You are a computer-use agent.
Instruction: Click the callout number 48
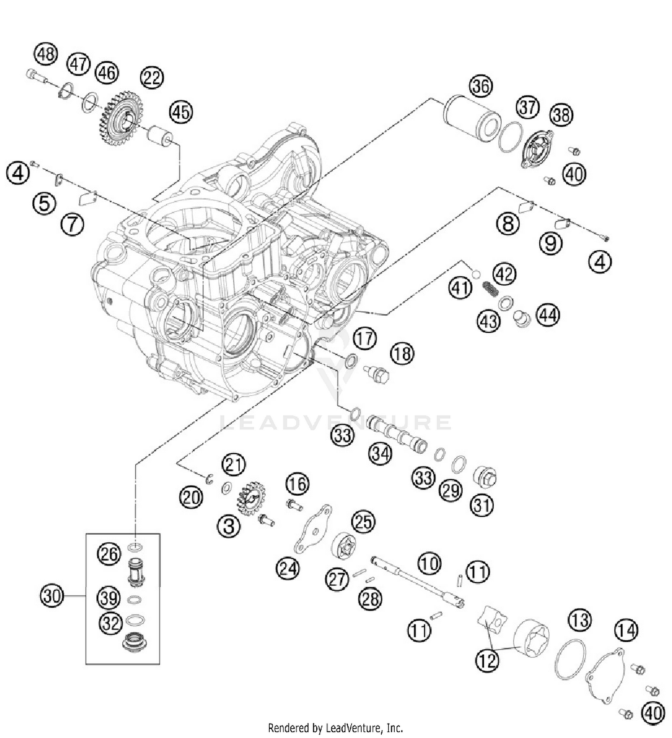tap(46, 54)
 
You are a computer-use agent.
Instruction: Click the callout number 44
tap(548, 315)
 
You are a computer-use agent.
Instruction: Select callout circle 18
tap(402, 354)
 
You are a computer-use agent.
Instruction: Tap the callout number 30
tap(52, 596)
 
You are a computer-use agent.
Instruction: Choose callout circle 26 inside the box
tap(109, 554)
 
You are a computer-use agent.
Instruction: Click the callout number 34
tap(380, 454)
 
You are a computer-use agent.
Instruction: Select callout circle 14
tap(626, 631)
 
